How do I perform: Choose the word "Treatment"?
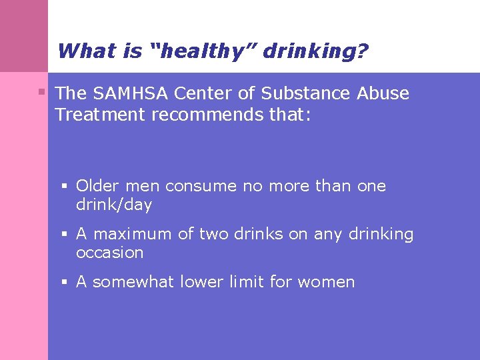(101, 115)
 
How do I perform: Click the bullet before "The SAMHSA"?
(41, 91)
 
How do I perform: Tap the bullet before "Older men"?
(65, 186)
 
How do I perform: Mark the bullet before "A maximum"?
(65, 234)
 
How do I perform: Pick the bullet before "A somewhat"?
(65, 282)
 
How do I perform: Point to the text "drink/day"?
(114, 205)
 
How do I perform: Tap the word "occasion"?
(109, 253)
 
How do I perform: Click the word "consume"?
(201, 186)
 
